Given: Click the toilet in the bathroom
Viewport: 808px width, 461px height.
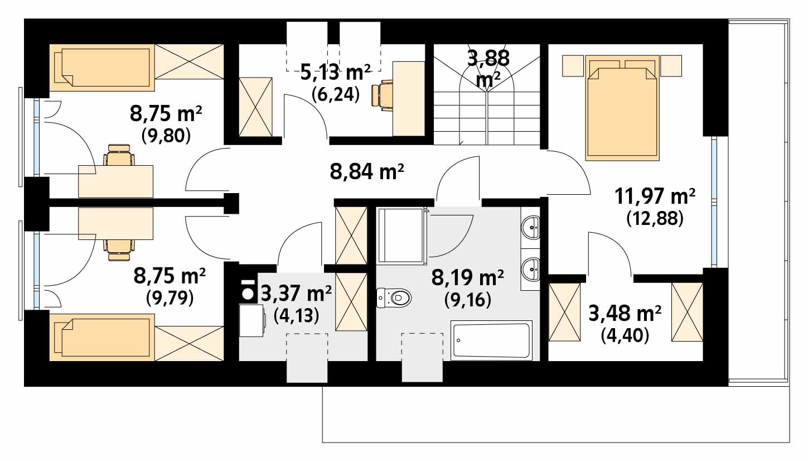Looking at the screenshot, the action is tap(394, 298).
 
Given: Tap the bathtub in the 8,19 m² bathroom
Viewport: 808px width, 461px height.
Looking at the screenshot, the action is tap(492, 340).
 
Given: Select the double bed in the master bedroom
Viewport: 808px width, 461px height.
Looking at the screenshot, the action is tap(622, 108).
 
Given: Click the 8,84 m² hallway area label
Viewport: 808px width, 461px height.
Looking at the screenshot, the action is tap(367, 172).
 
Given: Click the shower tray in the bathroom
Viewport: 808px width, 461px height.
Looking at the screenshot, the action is tap(401, 235).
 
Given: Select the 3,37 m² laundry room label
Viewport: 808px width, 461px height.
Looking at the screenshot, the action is tap(296, 294).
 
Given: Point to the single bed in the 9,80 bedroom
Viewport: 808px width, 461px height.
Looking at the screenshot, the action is tap(102, 68).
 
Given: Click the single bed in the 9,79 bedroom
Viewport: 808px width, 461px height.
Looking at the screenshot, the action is tap(102, 337).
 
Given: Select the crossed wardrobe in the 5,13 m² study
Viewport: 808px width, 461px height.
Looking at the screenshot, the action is tap(255, 107).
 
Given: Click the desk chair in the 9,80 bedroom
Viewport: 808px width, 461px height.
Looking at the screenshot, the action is tap(119, 155).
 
